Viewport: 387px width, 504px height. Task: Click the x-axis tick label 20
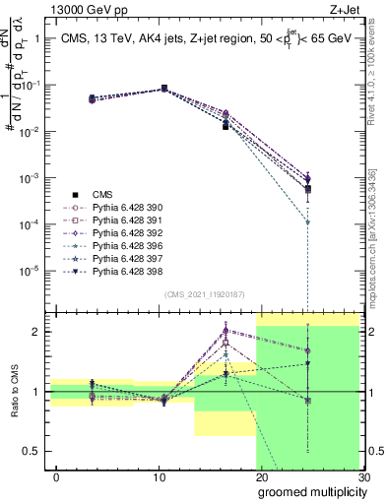point(261,477)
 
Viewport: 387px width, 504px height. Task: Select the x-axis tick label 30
point(363,477)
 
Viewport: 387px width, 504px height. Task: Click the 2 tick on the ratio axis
point(39,333)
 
